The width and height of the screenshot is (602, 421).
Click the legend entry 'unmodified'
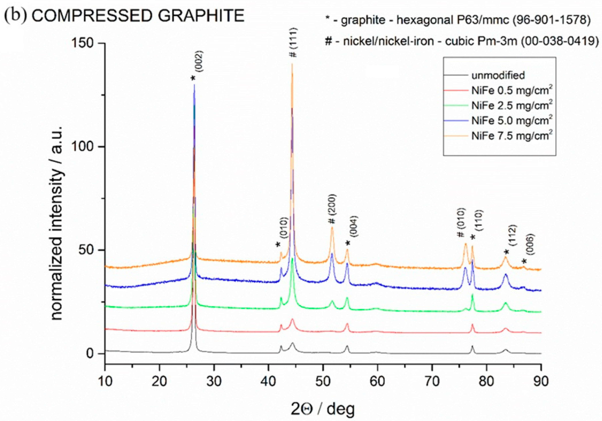point(498,75)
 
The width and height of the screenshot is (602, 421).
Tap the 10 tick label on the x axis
point(105,381)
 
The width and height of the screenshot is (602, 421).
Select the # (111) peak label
point(294,42)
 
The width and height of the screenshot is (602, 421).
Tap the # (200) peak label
point(332,209)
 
